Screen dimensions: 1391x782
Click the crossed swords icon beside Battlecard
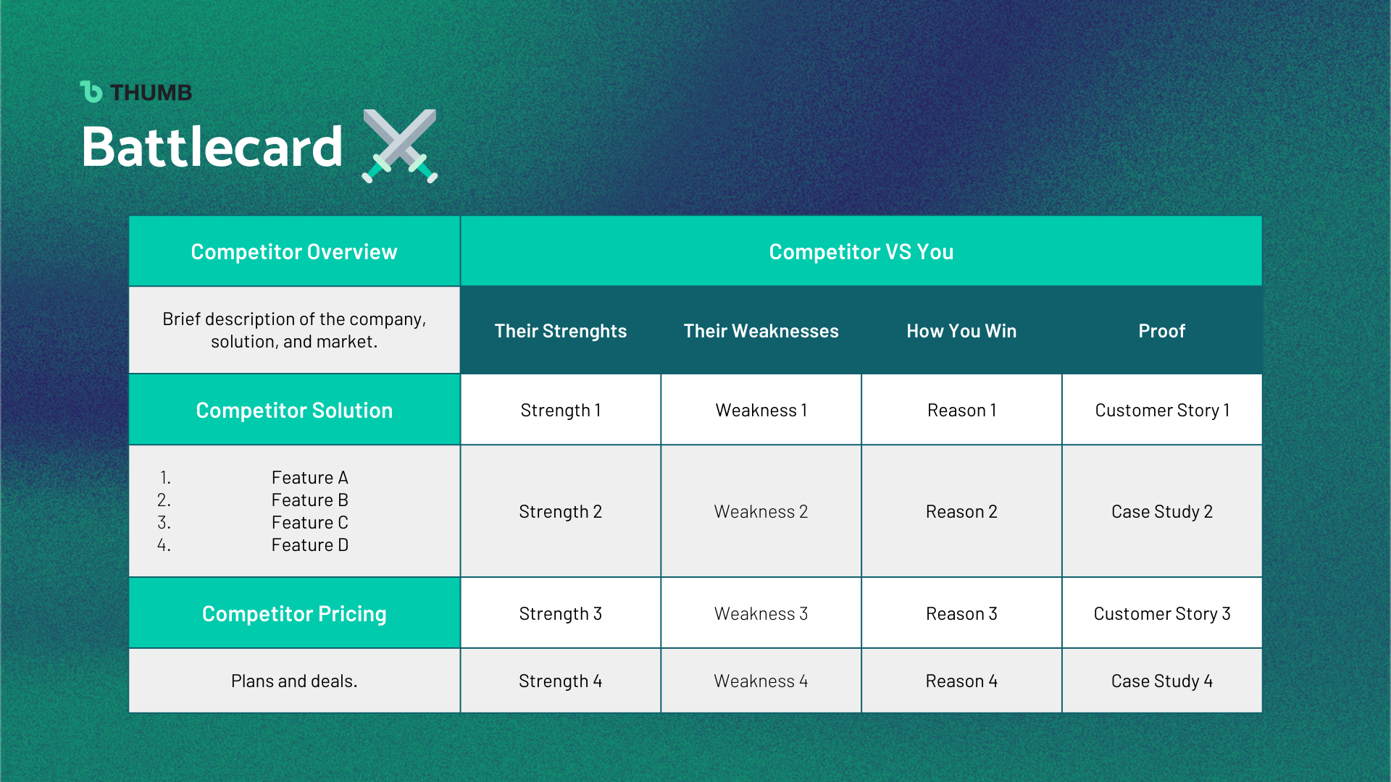[x=400, y=146]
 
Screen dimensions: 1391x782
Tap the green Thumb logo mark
[x=91, y=92]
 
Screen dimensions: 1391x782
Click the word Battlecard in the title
[x=212, y=147]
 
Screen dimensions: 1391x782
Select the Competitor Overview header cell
[x=294, y=251]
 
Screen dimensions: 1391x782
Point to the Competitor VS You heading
[x=861, y=251]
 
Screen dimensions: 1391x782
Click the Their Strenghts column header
[x=561, y=331]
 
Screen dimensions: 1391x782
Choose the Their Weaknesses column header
[x=761, y=331]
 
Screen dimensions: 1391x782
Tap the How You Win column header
[x=961, y=331]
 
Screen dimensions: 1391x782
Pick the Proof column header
[x=1162, y=331]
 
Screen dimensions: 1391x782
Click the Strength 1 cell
[x=561, y=410]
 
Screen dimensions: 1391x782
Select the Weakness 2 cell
[x=761, y=511]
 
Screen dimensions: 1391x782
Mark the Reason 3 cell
[x=961, y=613]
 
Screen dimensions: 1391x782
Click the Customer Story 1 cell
[x=1162, y=410]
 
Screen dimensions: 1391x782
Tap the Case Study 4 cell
[x=1162, y=681]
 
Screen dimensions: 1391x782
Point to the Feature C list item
[x=310, y=522]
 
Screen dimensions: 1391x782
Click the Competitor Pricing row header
[x=294, y=613]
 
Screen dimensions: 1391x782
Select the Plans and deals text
[x=294, y=681]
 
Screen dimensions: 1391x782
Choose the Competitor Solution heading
[x=294, y=410]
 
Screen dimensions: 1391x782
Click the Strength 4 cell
[x=561, y=681]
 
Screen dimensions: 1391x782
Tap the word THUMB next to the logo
[x=151, y=93]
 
